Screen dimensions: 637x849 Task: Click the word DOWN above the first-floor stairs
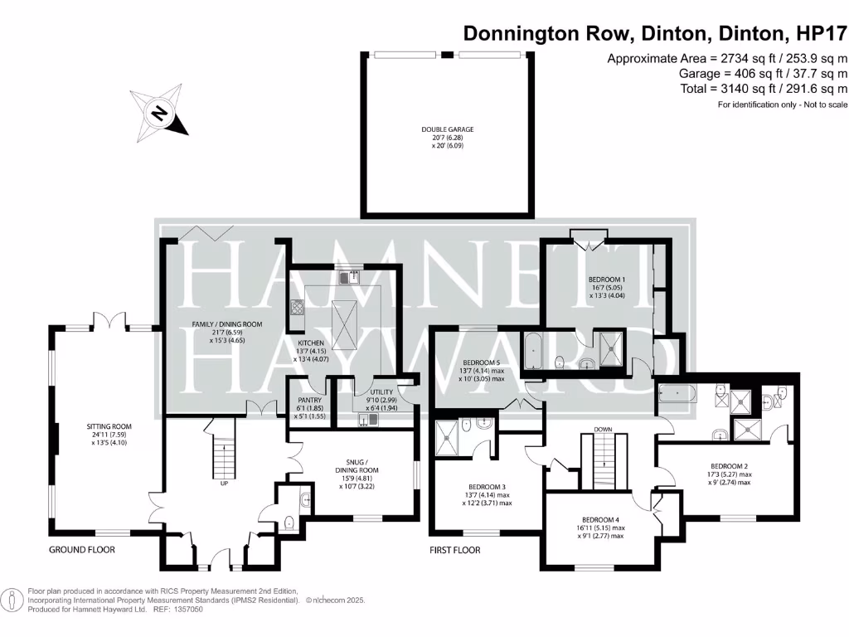click(602, 429)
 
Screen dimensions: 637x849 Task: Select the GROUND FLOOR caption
click(81, 550)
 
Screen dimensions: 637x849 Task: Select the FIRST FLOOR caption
click(454, 550)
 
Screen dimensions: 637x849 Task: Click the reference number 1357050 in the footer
click(185, 609)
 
